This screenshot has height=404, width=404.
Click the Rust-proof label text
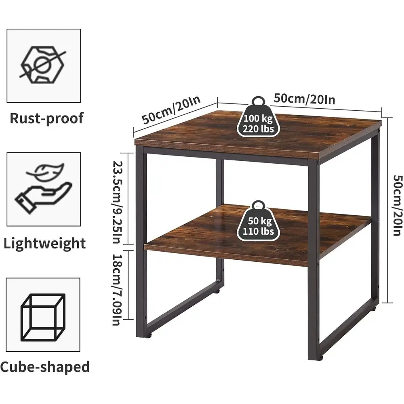pyautogui.click(x=46, y=118)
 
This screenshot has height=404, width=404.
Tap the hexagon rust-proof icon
pyautogui.click(x=42, y=65)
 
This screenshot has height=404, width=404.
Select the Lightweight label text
pyautogui.click(x=44, y=243)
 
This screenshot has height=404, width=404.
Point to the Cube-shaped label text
pyautogui.click(x=45, y=367)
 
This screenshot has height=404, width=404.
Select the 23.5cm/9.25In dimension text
pyautogui.click(x=117, y=202)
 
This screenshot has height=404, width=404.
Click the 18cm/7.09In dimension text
pyautogui.click(x=116, y=290)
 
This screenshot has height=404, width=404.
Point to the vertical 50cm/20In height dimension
pyautogui.click(x=398, y=205)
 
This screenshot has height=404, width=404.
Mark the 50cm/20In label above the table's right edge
pyautogui.click(x=304, y=99)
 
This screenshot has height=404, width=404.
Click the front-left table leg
pyautogui.click(x=141, y=242)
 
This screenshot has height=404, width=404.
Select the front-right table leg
pyautogui.click(x=314, y=260)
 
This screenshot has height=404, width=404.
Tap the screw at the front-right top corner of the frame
pyautogui.click(x=319, y=162)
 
